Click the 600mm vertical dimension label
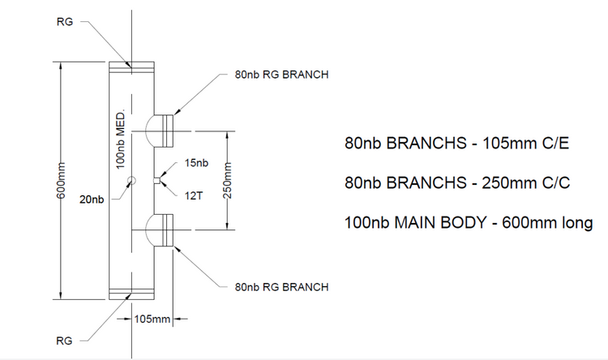(61, 180)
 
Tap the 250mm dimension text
(227, 180)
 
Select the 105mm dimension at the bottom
(152, 319)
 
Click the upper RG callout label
(65, 22)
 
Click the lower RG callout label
(64, 341)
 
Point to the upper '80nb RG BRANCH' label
(281, 75)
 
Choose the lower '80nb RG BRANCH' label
(281, 287)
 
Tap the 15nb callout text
(196, 163)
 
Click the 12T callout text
(194, 196)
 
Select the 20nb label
(92, 199)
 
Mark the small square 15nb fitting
(156, 180)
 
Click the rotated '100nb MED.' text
(121, 139)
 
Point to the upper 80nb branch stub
(164, 131)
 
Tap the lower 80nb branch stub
(164, 229)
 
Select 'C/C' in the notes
(556, 182)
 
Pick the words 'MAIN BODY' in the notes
(440, 223)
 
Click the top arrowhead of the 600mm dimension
(61, 66)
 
